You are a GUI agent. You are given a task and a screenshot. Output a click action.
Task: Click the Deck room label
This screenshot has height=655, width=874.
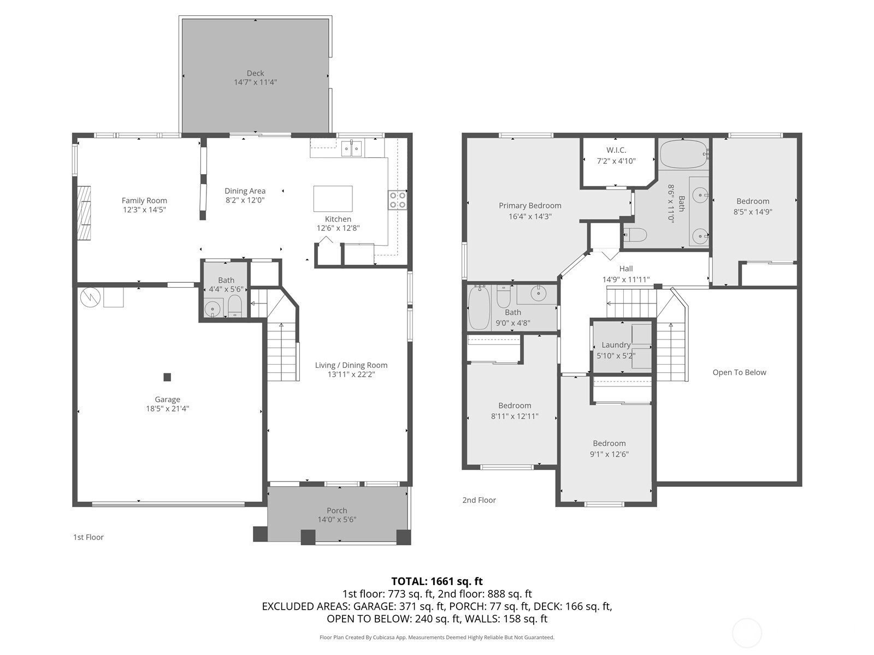click(x=255, y=73)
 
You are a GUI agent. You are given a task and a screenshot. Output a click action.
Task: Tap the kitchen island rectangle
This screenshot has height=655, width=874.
click(x=333, y=199)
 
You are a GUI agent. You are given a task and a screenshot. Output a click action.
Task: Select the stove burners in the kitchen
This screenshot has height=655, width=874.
click(x=397, y=200)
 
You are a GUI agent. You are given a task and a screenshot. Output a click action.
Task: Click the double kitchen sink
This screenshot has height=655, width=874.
click(x=352, y=149)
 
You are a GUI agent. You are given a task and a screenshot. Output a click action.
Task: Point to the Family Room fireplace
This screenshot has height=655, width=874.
click(x=84, y=213)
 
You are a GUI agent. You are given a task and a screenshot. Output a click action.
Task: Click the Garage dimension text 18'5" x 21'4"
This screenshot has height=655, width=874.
click(x=167, y=408)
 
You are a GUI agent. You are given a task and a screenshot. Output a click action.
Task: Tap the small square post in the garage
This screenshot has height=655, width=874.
click(x=167, y=377)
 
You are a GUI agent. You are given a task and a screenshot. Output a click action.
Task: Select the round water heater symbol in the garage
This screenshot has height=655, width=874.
click(x=90, y=297)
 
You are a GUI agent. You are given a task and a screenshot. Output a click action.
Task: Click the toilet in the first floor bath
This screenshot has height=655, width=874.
click(x=235, y=306)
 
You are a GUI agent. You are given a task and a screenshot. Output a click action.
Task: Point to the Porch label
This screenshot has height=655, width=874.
click(x=337, y=510)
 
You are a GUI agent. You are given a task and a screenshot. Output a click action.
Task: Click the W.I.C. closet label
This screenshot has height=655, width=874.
click(x=616, y=150)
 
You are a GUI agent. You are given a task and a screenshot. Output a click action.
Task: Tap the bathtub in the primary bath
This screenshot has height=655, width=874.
click(x=683, y=154)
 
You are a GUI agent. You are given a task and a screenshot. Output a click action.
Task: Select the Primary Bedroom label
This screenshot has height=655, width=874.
click(x=530, y=206)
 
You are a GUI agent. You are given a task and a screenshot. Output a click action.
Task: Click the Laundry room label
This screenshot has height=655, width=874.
click(x=616, y=345)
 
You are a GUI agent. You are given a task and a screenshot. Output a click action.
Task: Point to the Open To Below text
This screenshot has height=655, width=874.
click(x=740, y=372)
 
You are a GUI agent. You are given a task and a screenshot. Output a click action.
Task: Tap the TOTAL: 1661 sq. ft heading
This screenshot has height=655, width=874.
click(x=437, y=581)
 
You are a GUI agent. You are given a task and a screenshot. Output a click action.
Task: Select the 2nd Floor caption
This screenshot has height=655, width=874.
click(x=479, y=500)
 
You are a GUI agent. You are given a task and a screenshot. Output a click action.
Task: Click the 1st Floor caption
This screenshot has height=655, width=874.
click(x=88, y=537)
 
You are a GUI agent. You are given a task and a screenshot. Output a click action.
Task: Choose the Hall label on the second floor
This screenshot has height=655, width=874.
click(x=626, y=269)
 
